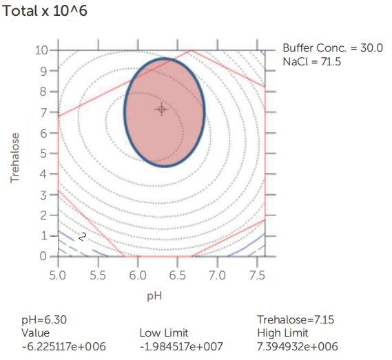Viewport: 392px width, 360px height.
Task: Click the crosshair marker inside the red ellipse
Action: coord(162,109)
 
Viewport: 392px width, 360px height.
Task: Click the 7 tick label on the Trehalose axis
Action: coord(43,112)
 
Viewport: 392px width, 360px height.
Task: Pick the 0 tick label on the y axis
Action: coord(43,256)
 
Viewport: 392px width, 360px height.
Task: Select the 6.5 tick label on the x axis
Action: coord(177,274)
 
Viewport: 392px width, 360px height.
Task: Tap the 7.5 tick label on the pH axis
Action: coord(257,274)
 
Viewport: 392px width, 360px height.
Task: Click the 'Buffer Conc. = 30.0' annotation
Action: coord(333,47)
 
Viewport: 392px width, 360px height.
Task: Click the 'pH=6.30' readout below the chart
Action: coord(43,320)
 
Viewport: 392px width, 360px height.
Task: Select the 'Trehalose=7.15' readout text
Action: coord(289,320)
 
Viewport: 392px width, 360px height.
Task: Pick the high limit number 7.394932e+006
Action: coord(298,346)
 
